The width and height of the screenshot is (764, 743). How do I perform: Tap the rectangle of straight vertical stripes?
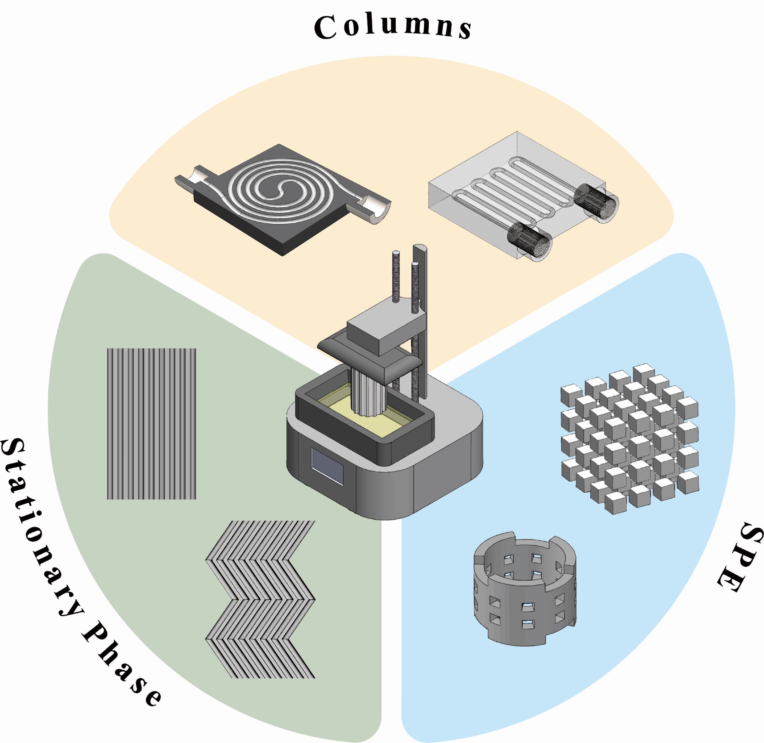[x=151, y=424]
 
